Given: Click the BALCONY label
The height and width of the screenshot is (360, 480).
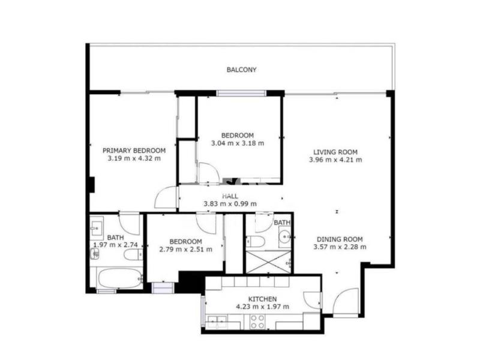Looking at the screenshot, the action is click(x=241, y=70).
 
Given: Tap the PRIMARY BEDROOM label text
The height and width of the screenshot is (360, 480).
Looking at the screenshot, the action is click(x=134, y=151).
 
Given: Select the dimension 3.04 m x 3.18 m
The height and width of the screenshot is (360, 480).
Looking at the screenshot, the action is click(x=238, y=143).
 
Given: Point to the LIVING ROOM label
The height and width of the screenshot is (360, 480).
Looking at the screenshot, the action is click(x=335, y=152).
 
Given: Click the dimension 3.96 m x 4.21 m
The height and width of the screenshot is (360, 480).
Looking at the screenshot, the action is click(x=335, y=160).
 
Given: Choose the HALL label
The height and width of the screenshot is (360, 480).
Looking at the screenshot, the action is click(x=230, y=196).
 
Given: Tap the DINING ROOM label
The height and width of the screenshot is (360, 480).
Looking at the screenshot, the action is click(x=340, y=239).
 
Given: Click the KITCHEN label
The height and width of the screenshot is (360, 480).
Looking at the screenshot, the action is click(x=262, y=299).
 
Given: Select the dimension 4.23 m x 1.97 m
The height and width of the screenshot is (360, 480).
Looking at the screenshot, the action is click(x=262, y=307).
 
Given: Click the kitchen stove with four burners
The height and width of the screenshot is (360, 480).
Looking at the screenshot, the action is click(x=257, y=322).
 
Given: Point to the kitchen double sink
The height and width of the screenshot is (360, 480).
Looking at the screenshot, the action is click(x=217, y=322).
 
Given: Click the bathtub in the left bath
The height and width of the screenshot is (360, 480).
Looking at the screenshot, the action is click(x=119, y=278).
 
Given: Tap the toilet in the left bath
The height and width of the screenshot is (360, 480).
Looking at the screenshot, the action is click(x=133, y=254).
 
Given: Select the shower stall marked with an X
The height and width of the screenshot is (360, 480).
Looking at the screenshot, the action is click(x=268, y=262).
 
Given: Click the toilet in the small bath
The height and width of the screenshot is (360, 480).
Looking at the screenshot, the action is click(x=255, y=242).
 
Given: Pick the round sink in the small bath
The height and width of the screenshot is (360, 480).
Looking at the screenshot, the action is click(x=286, y=236).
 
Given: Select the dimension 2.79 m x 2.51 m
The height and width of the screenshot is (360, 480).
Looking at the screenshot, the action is click(x=185, y=250).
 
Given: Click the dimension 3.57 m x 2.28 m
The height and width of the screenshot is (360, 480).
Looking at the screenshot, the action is click(x=340, y=247).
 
